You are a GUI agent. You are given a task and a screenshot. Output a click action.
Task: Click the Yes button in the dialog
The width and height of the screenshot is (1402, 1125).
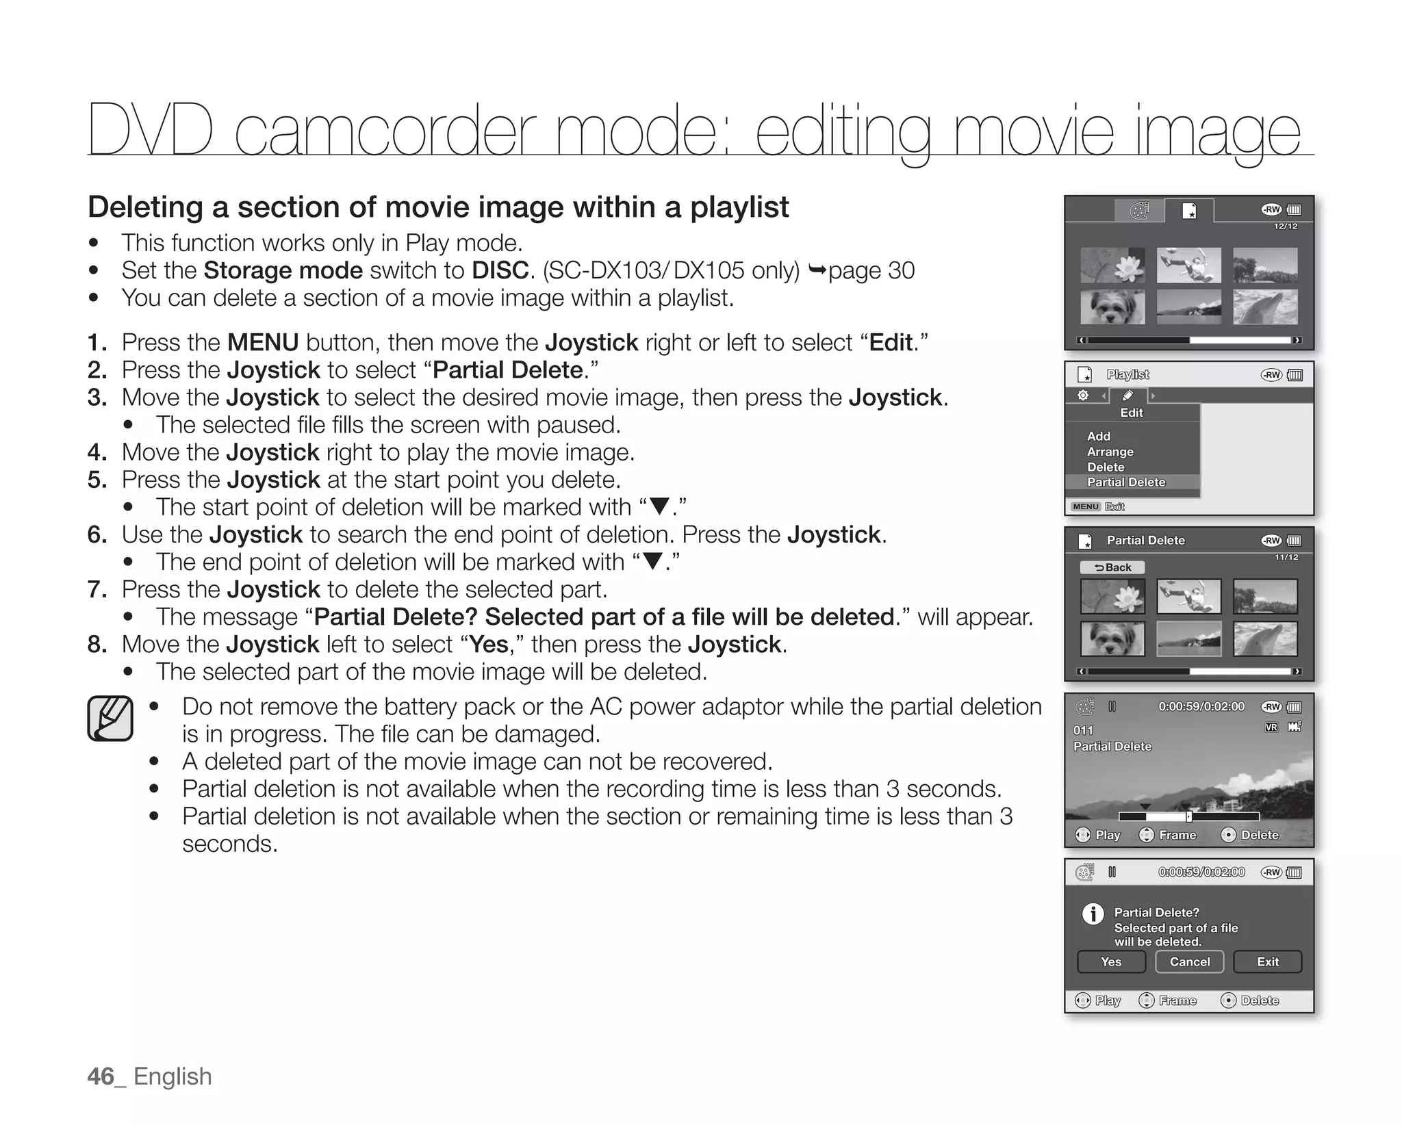(x=1111, y=961)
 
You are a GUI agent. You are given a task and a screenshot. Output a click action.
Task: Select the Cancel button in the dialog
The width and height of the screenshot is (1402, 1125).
(x=1190, y=961)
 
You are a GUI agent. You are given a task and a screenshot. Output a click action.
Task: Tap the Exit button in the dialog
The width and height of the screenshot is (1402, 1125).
(x=1267, y=961)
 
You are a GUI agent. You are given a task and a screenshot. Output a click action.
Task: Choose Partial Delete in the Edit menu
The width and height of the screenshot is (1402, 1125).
(x=1126, y=482)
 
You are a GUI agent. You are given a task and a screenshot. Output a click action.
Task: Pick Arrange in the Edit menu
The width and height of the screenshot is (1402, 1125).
(x=1110, y=452)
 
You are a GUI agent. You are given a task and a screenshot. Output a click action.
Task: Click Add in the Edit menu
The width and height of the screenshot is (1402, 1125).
(x=1098, y=436)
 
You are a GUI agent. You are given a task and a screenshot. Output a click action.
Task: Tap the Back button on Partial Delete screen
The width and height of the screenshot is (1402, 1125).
(x=1112, y=567)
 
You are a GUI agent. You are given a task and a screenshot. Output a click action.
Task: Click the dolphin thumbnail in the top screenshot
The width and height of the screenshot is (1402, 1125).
(x=1265, y=307)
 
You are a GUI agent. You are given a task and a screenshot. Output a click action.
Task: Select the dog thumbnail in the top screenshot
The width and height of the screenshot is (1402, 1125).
(x=1112, y=307)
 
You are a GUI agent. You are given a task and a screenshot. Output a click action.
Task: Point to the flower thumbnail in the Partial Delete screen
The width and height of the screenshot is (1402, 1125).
(x=1112, y=597)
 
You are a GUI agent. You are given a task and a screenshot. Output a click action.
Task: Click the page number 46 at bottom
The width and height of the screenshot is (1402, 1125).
(x=101, y=1076)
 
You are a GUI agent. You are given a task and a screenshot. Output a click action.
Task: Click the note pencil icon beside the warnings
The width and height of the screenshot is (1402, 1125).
(x=110, y=719)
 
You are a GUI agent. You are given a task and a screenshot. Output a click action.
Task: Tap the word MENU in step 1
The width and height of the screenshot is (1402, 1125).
(x=263, y=342)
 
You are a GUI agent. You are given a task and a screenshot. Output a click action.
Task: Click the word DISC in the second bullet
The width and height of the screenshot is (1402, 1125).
(x=500, y=270)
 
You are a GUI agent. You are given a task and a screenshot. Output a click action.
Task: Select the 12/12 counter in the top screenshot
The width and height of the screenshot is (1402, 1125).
(x=1285, y=227)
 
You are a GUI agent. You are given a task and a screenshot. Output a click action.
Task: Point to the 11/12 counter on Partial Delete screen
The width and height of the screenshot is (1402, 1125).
(x=1286, y=557)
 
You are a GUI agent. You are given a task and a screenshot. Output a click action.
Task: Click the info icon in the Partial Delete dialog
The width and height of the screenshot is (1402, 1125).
(x=1093, y=914)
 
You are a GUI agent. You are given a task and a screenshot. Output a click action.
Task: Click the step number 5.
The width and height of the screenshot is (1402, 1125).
(x=97, y=479)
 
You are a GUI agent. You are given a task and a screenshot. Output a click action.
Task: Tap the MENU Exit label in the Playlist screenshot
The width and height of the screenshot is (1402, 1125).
(x=1098, y=506)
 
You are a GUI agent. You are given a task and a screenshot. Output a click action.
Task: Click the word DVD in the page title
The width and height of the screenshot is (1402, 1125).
(x=149, y=130)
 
